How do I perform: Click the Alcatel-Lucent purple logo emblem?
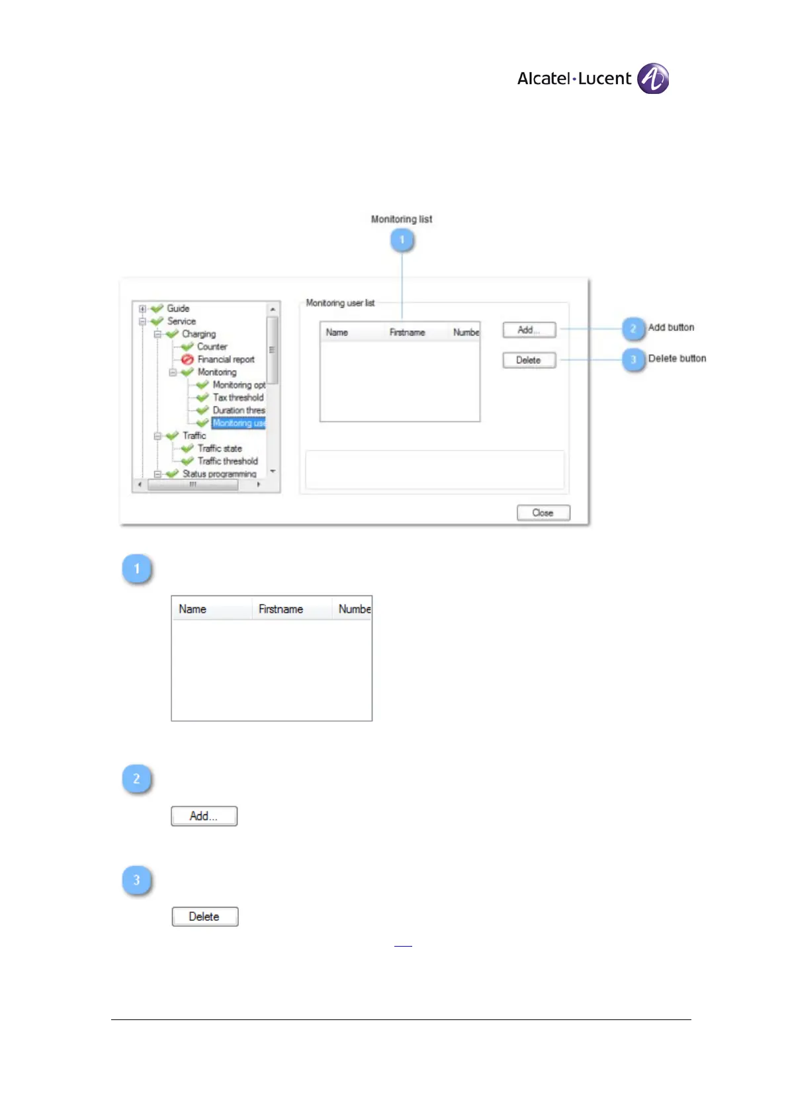[652, 79]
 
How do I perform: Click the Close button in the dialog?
[543, 513]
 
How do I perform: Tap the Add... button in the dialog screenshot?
[529, 329]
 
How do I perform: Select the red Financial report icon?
[187, 359]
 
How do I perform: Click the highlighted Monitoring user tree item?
[238, 423]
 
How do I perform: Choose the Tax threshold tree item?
[238, 398]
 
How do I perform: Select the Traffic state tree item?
[220, 449]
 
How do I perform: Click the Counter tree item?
[212, 347]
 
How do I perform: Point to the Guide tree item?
[178, 308]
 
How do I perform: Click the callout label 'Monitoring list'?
[402, 219]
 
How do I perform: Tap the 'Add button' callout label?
[671, 327]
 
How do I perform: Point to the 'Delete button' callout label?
[677, 359]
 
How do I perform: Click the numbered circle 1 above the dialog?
[402, 239]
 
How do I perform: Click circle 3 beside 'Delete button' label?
[633, 359]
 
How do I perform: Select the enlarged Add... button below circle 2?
[204, 816]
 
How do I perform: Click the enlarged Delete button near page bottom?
[204, 917]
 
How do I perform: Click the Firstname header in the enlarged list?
[281, 609]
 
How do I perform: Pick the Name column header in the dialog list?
[337, 333]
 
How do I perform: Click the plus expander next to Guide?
[142, 309]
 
